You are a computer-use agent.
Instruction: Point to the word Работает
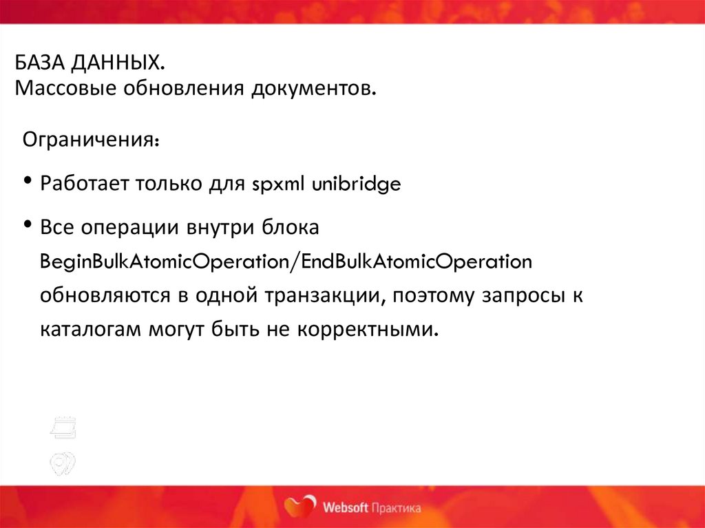coord(85,184)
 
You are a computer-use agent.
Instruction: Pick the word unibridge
coord(356,184)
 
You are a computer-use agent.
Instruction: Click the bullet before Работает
coord(28,182)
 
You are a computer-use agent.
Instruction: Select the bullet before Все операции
coord(28,224)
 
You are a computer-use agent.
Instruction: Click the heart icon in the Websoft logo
coord(301,506)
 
